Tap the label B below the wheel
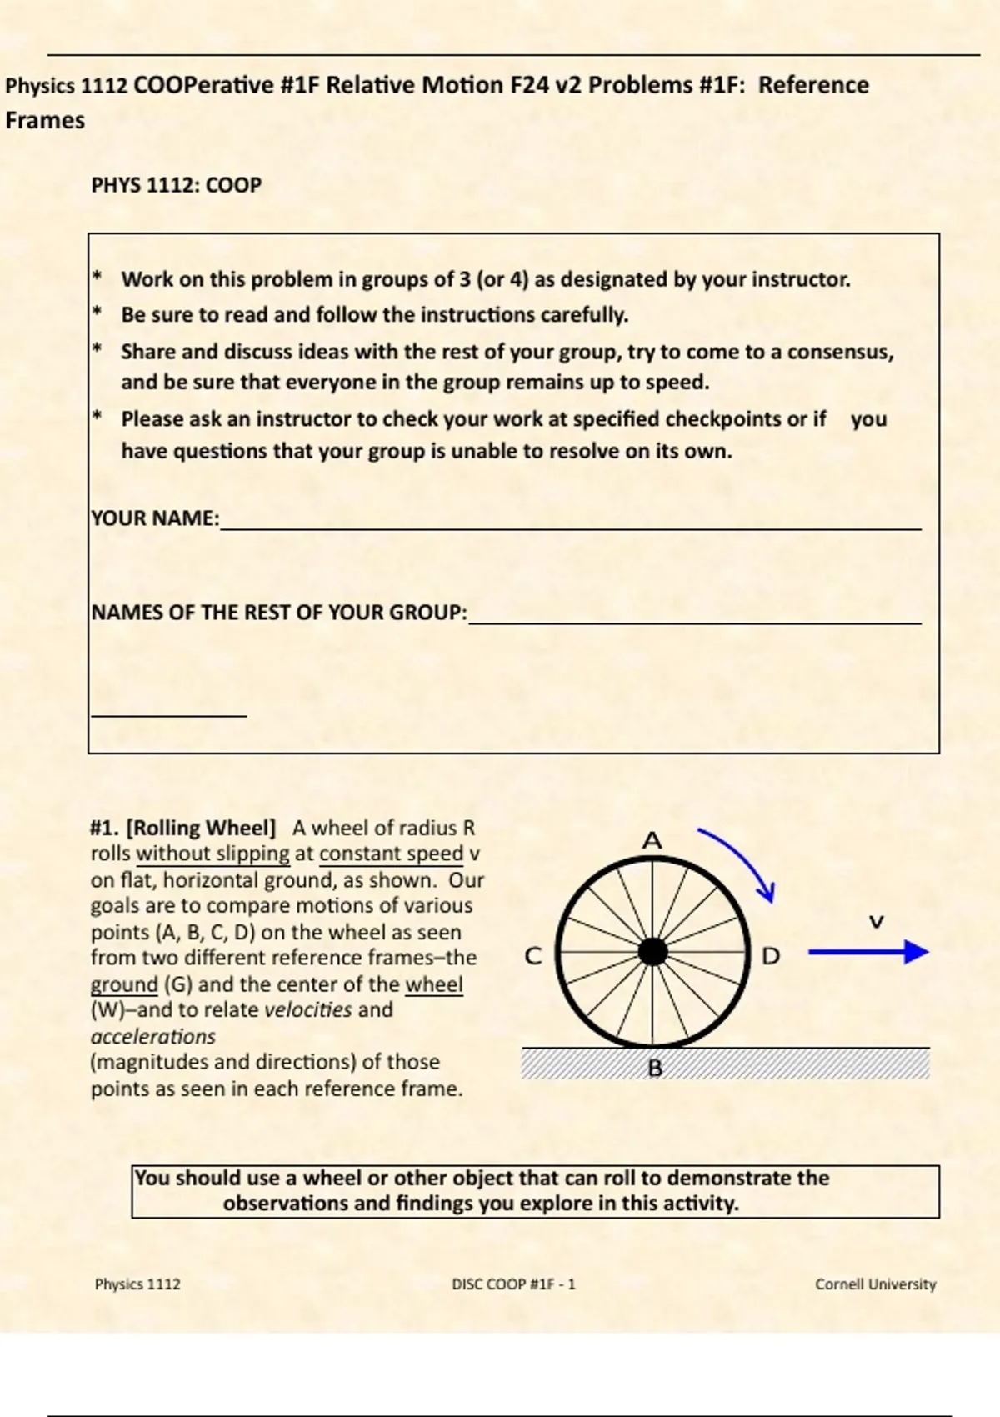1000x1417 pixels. (x=655, y=1068)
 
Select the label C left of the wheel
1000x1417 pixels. (x=533, y=956)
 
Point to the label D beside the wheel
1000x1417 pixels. (x=771, y=956)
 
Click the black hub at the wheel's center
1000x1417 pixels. (x=653, y=952)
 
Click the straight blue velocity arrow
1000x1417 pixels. (x=867, y=952)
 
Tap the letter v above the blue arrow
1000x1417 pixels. (x=876, y=921)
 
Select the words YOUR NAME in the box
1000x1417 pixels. (x=154, y=518)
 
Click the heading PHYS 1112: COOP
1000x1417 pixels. (x=176, y=184)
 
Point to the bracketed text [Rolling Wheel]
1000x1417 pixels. (x=201, y=828)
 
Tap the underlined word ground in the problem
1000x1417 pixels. (x=124, y=984)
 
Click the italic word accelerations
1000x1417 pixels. (x=153, y=1036)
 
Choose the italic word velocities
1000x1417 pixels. (x=308, y=1009)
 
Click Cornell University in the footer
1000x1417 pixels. (x=875, y=1284)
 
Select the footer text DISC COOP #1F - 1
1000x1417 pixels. (x=513, y=1284)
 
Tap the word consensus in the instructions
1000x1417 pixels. (x=839, y=352)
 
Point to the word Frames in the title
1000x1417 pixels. (x=45, y=120)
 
